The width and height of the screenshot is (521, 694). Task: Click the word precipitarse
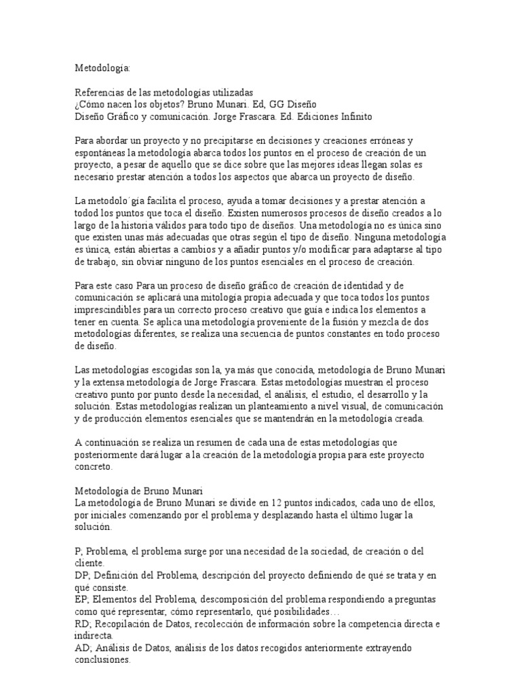pyautogui.click(x=204, y=141)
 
